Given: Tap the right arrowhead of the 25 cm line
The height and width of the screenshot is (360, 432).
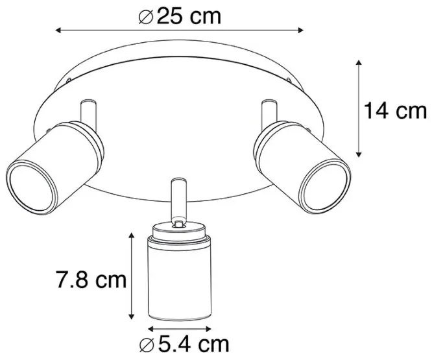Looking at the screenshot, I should pyautogui.click(x=300, y=30).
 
